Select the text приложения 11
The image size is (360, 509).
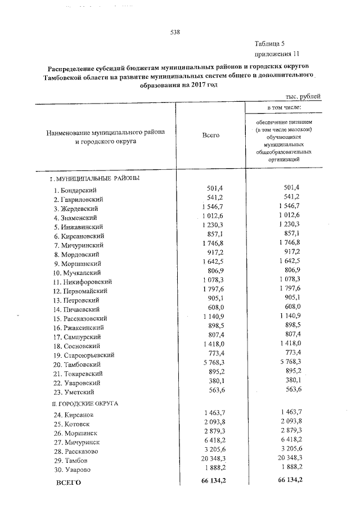[276, 54]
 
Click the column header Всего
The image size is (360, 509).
[210, 136]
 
